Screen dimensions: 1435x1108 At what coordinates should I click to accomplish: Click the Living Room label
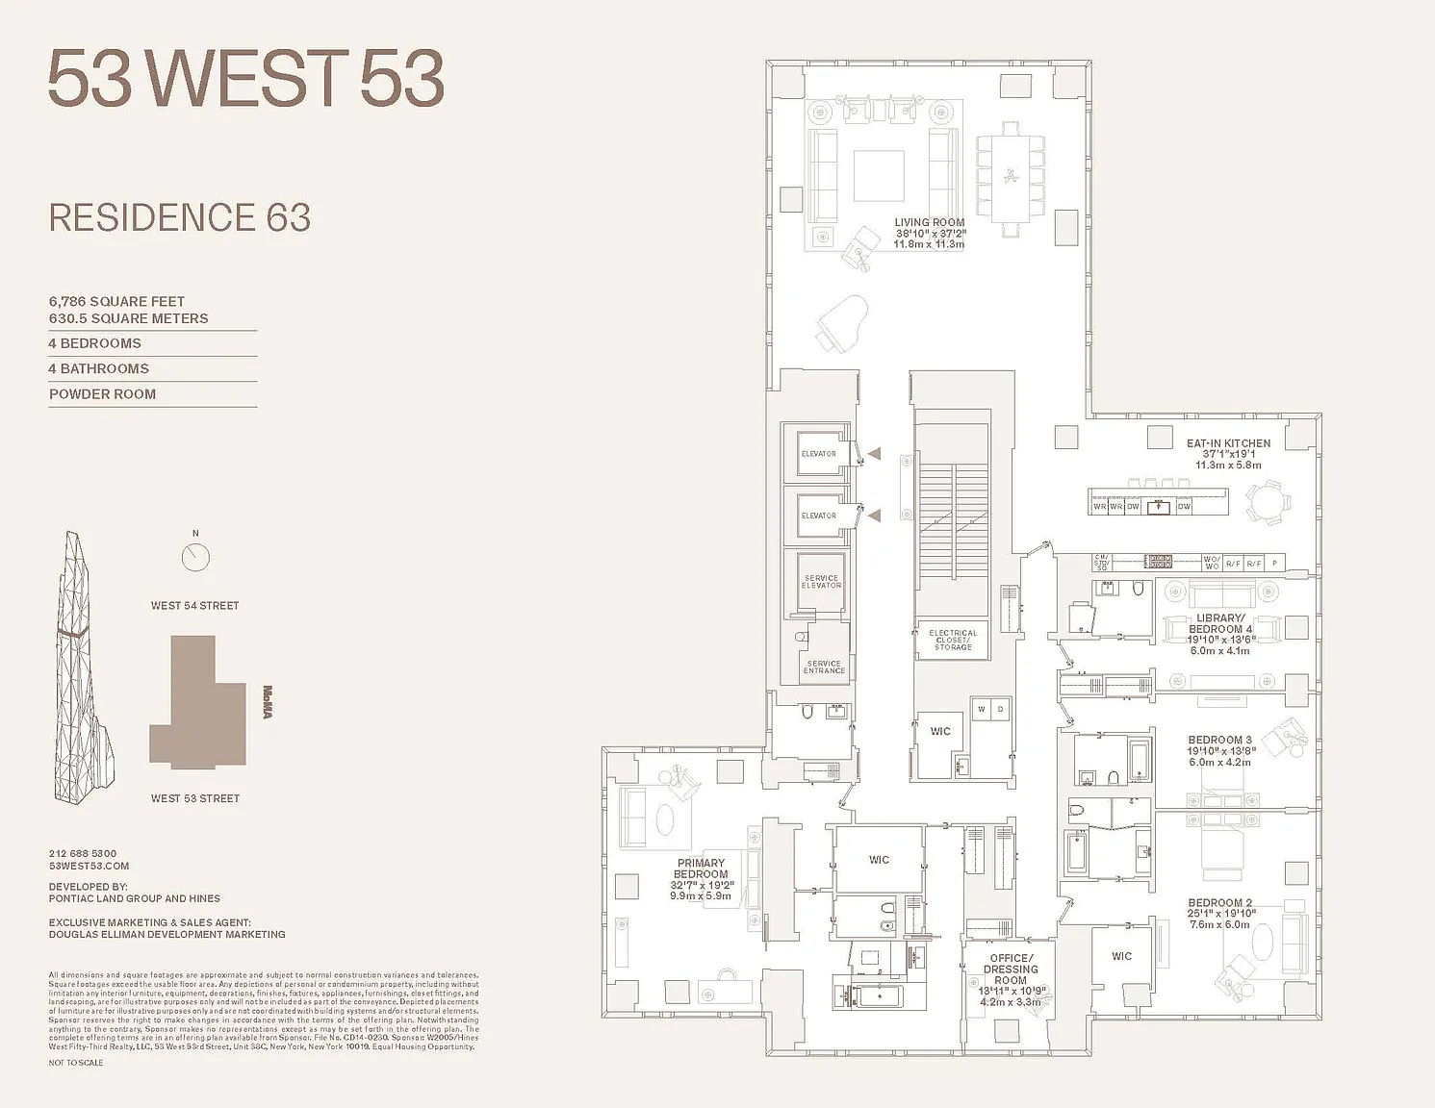(929, 223)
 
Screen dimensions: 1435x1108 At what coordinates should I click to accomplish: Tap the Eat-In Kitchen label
(1228, 444)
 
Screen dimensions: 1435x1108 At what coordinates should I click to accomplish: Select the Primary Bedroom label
(701, 869)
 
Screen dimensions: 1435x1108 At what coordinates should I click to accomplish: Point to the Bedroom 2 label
(1219, 904)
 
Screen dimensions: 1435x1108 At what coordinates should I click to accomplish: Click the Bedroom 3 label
(1219, 741)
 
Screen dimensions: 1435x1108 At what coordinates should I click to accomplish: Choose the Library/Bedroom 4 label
(1219, 624)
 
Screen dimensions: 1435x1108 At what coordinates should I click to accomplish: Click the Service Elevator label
(821, 582)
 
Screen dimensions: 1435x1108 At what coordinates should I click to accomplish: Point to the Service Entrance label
(824, 667)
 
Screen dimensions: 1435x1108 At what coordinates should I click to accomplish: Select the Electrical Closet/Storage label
(953, 640)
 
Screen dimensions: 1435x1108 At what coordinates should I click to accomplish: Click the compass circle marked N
(195, 557)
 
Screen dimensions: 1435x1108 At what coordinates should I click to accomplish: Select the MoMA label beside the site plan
(268, 701)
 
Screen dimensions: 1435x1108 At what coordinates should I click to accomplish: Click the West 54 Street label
(194, 606)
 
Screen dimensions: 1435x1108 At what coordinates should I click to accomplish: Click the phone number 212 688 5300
(83, 853)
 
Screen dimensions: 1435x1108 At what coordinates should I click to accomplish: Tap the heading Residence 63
(180, 218)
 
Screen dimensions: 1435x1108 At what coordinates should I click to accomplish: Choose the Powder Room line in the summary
(102, 394)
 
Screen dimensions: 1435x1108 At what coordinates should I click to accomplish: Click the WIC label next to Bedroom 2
(1121, 956)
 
